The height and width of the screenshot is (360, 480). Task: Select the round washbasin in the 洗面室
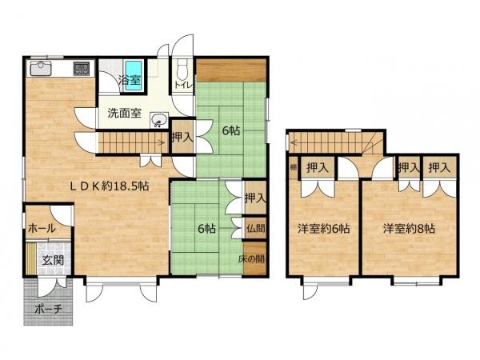coord(159,122)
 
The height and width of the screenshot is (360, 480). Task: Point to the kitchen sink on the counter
coord(42,69)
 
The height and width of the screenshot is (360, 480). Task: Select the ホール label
coord(41,228)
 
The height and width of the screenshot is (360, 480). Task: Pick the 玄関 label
coord(53,261)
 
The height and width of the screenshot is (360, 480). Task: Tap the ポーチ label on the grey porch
coord(49,308)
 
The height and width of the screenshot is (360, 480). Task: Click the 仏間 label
coord(255,228)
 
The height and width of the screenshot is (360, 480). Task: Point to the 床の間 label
coord(255,259)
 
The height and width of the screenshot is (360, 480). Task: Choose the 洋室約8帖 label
coord(409,229)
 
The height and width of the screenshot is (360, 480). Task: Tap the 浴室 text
coord(129,80)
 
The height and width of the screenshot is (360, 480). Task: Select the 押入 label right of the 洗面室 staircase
coord(182,138)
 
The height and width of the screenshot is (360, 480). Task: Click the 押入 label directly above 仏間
coord(255,198)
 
